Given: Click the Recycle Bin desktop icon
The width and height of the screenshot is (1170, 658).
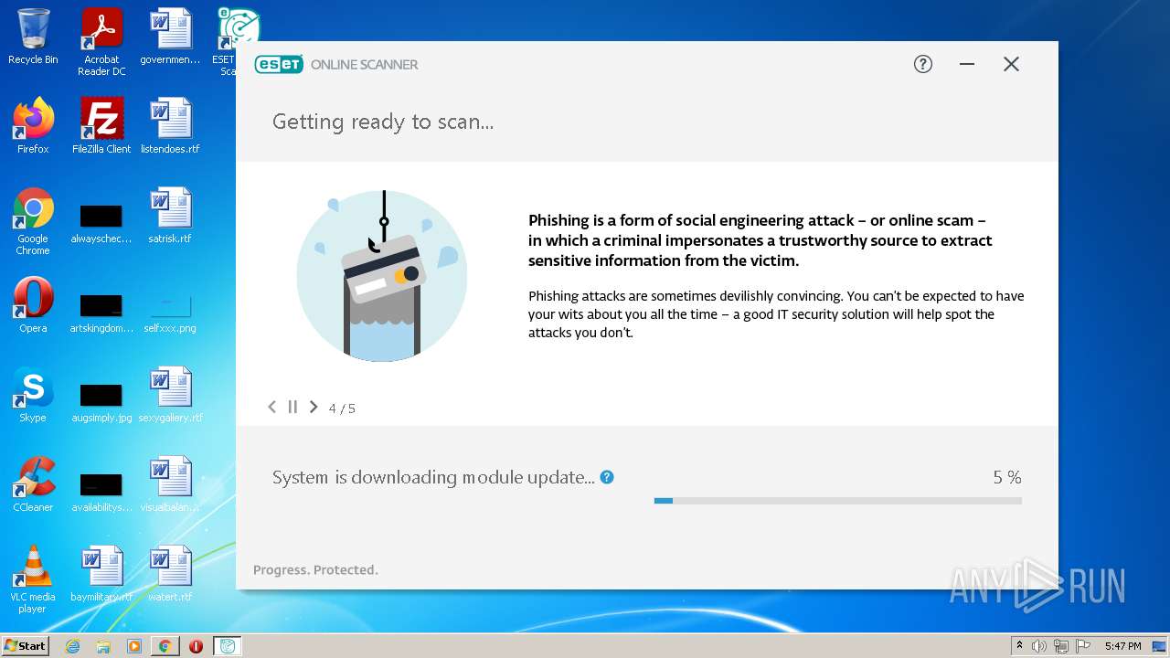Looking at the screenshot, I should (x=33, y=31).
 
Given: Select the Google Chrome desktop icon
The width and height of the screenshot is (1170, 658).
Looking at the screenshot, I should (x=33, y=210).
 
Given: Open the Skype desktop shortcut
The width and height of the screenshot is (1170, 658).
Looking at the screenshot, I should (x=33, y=389).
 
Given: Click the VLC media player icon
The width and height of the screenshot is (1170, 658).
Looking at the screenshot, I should (x=33, y=568).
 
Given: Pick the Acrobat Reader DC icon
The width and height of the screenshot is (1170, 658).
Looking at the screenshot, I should (x=101, y=31).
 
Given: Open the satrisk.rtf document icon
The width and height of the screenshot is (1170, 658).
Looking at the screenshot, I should (x=170, y=210).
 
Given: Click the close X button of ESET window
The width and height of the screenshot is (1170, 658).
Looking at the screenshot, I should (x=1011, y=64).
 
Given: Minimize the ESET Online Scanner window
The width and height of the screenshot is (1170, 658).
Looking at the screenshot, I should (x=967, y=64).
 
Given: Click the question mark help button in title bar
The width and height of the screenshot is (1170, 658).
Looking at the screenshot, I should (x=923, y=64).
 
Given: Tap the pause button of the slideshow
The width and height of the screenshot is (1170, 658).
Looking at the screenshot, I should (x=292, y=407).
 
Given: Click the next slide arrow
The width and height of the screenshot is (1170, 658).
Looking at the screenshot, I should (x=314, y=407).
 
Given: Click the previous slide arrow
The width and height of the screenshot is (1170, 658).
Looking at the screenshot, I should (x=271, y=407).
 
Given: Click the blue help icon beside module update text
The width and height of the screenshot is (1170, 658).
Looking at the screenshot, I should (x=607, y=477).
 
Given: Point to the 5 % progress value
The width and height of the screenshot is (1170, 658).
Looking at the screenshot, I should (x=1006, y=477).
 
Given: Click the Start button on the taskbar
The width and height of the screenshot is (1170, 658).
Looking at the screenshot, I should (x=25, y=646).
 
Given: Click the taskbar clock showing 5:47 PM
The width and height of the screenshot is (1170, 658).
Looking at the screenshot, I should (x=1122, y=646).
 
